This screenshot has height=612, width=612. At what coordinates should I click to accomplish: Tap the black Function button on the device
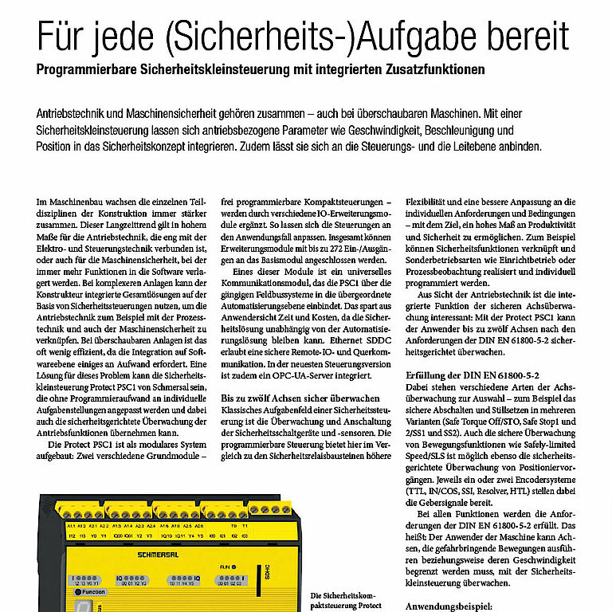point(93,591)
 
